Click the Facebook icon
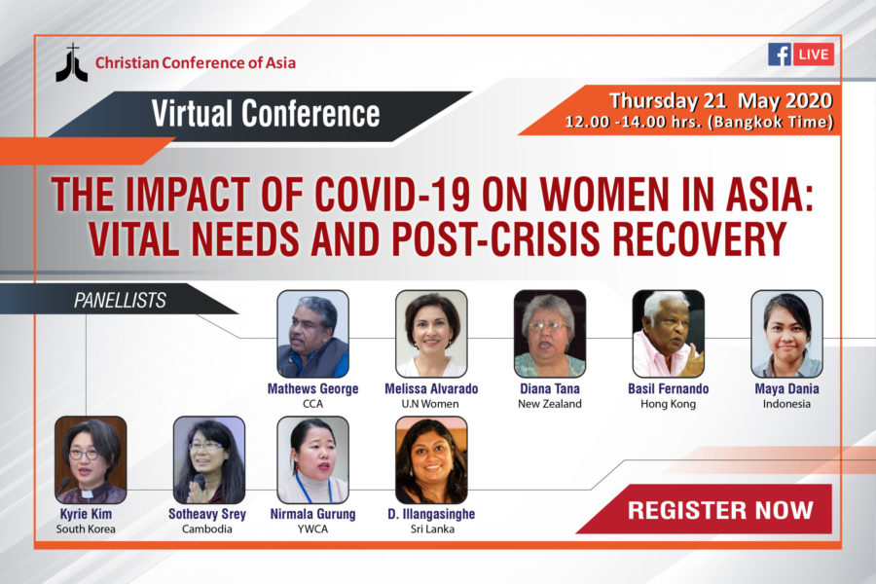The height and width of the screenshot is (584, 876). click(x=780, y=55)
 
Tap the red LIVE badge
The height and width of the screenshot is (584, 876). click(x=814, y=55)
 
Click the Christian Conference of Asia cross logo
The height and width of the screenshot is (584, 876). click(x=71, y=63)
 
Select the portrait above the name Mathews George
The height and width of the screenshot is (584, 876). click(x=312, y=334)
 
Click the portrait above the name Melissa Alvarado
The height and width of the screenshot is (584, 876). click(x=431, y=334)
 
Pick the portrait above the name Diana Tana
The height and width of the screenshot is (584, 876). click(x=550, y=334)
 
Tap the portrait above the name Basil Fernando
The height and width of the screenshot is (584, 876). click(x=668, y=334)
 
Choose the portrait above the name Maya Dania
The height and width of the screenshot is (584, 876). click(x=786, y=334)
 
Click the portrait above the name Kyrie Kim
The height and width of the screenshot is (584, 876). click(x=91, y=460)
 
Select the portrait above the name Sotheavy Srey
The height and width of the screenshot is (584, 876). click(x=209, y=460)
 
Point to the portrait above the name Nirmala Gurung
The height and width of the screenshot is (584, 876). click(x=312, y=460)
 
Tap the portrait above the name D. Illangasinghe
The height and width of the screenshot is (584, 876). click(x=431, y=460)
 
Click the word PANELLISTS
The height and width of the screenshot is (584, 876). click(x=120, y=301)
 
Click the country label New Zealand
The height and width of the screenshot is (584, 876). click(x=550, y=404)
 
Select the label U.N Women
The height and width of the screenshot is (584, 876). click(x=430, y=404)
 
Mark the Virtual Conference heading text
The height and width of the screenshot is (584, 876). click(x=266, y=114)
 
